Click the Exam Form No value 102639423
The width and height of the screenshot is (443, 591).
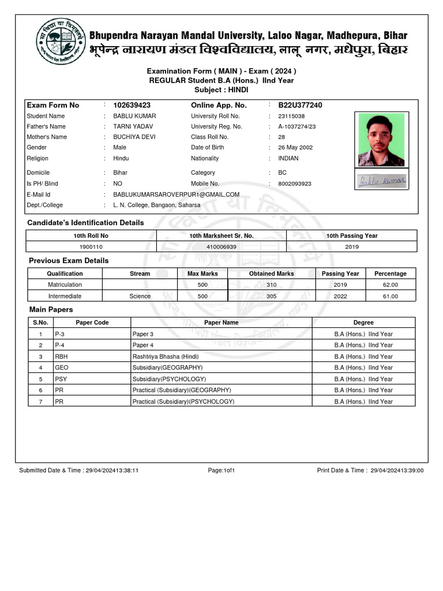pos(132,105)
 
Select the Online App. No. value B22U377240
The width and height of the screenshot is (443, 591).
pos(300,105)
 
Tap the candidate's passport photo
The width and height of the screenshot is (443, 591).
pos(381,139)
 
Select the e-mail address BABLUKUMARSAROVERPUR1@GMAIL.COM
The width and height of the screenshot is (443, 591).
pos(176,194)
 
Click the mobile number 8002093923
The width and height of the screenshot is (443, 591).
pos(295,184)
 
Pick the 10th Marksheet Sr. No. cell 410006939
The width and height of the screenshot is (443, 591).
pos(221,246)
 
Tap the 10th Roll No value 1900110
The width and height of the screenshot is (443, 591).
pos(91,246)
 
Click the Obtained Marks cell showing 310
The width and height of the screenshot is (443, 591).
pos(271,285)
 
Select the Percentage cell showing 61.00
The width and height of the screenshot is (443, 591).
pos(390,296)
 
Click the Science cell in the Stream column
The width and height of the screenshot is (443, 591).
pos(140,296)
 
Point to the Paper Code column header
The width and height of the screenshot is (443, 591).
pos(92,323)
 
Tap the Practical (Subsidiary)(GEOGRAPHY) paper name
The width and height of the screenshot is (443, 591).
pos(182,390)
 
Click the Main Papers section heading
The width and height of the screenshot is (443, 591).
pos(51,310)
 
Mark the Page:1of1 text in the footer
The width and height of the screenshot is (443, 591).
pos(221,470)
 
